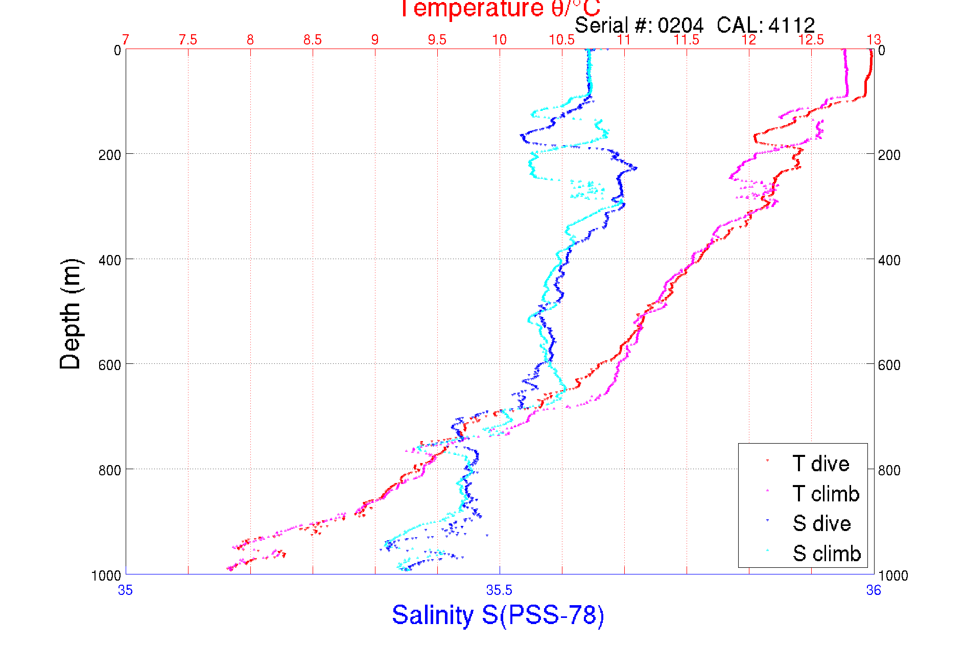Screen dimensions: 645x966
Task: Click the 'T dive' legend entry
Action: click(x=820, y=464)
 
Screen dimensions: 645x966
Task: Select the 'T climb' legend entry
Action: click(x=826, y=494)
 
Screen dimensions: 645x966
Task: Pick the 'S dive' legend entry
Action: click(x=821, y=523)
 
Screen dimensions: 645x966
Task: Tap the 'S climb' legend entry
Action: click(x=827, y=554)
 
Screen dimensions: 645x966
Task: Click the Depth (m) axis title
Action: click(x=70, y=314)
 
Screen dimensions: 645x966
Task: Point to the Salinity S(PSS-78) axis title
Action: click(x=498, y=615)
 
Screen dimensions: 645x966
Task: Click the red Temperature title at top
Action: click(x=500, y=9)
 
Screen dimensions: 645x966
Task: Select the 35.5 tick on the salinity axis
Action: click(x=499, y=590)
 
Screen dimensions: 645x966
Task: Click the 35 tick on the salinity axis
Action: click(x=125, y=590)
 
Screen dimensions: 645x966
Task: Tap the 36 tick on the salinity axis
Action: click(x=873, y=590)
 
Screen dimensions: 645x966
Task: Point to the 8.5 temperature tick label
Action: click(x=313, y=40)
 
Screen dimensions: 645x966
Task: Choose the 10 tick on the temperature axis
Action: click(x=499, y=40)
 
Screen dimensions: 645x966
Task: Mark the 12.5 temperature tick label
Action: click(x=811, y=40)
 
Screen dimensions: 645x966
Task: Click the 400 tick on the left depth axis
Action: click(x=109, y=260)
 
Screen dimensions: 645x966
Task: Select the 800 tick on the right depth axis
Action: click(x=889, y=470)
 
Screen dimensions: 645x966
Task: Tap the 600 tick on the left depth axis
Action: click(x=109, y=365)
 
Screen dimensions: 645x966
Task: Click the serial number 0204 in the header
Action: click(x=680, y=25)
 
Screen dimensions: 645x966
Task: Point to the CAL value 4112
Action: click(x=791, y=25)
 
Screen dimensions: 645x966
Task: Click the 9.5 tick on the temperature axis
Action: click(x=437, y=40)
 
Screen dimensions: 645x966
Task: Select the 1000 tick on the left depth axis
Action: click(x=106, y=575)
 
